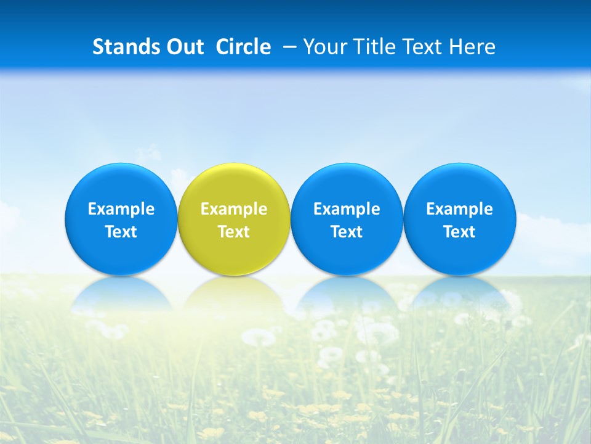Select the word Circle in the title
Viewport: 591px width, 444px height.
point(243,47)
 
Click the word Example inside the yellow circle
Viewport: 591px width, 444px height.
point(234,209)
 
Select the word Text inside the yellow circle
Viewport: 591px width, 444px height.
point(234,232)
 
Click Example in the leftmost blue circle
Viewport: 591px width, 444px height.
point(121,209)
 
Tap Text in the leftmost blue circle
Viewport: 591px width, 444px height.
point(121,232)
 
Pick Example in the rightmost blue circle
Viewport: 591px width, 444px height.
point(459,209)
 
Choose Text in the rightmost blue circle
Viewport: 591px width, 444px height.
point(459,232)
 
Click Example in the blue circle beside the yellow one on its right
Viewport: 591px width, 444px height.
point(347,209)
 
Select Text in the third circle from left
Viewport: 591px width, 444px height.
point(347,232)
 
